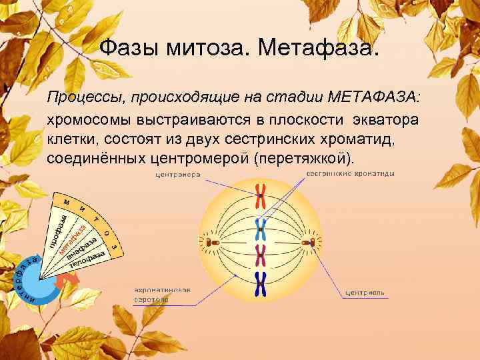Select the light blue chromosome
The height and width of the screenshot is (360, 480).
pos(259,228)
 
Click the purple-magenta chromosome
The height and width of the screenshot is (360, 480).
pos(260,254)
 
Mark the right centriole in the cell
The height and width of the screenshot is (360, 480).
pos(309,242)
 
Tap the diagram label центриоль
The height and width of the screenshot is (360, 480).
pos(364,293)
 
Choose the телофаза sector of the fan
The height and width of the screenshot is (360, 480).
pos(87,260)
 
